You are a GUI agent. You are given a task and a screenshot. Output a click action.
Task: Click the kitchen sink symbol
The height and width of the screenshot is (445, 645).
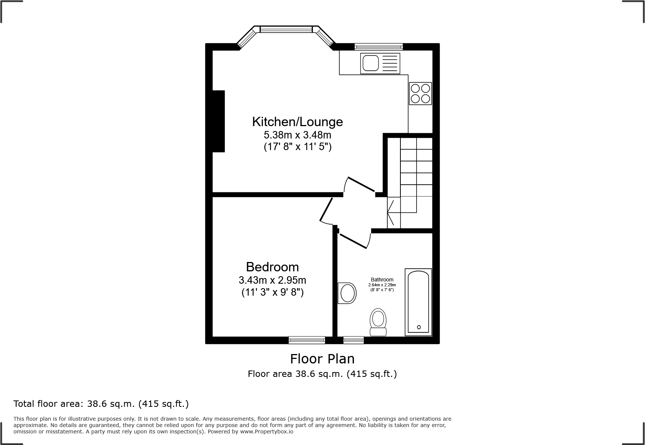380,63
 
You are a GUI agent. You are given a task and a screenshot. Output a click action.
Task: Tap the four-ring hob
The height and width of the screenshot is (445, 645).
420,94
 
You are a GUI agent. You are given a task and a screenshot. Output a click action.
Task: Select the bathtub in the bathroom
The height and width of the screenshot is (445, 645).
418,302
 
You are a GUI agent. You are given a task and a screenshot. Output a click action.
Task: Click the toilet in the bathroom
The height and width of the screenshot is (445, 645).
378,322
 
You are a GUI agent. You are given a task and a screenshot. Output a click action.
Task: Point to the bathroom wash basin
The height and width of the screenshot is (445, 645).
347,293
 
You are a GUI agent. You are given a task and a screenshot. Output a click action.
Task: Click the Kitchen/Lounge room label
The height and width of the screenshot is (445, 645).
297,122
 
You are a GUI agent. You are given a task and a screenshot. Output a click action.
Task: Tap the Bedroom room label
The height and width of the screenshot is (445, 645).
272,267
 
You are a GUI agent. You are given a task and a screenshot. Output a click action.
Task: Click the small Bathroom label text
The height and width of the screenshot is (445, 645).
382,280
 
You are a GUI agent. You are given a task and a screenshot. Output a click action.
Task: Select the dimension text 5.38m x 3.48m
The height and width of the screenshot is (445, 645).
297,134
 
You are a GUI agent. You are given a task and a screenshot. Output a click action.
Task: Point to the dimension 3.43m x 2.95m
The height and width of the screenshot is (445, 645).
272,280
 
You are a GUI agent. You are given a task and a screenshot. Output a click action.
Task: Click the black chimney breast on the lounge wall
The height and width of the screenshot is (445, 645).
218,121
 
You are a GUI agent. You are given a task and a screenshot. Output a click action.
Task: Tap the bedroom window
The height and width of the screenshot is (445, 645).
307,340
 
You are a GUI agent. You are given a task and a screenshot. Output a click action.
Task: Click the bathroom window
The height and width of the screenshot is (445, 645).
353,340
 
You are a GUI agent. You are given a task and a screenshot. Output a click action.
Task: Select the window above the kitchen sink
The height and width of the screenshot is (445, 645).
379,47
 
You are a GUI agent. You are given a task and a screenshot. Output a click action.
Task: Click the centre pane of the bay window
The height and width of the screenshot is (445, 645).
286,29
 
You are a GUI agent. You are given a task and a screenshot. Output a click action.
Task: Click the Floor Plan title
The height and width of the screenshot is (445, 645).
322,359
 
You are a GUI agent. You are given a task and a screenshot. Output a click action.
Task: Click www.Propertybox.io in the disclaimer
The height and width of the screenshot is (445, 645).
267,432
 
